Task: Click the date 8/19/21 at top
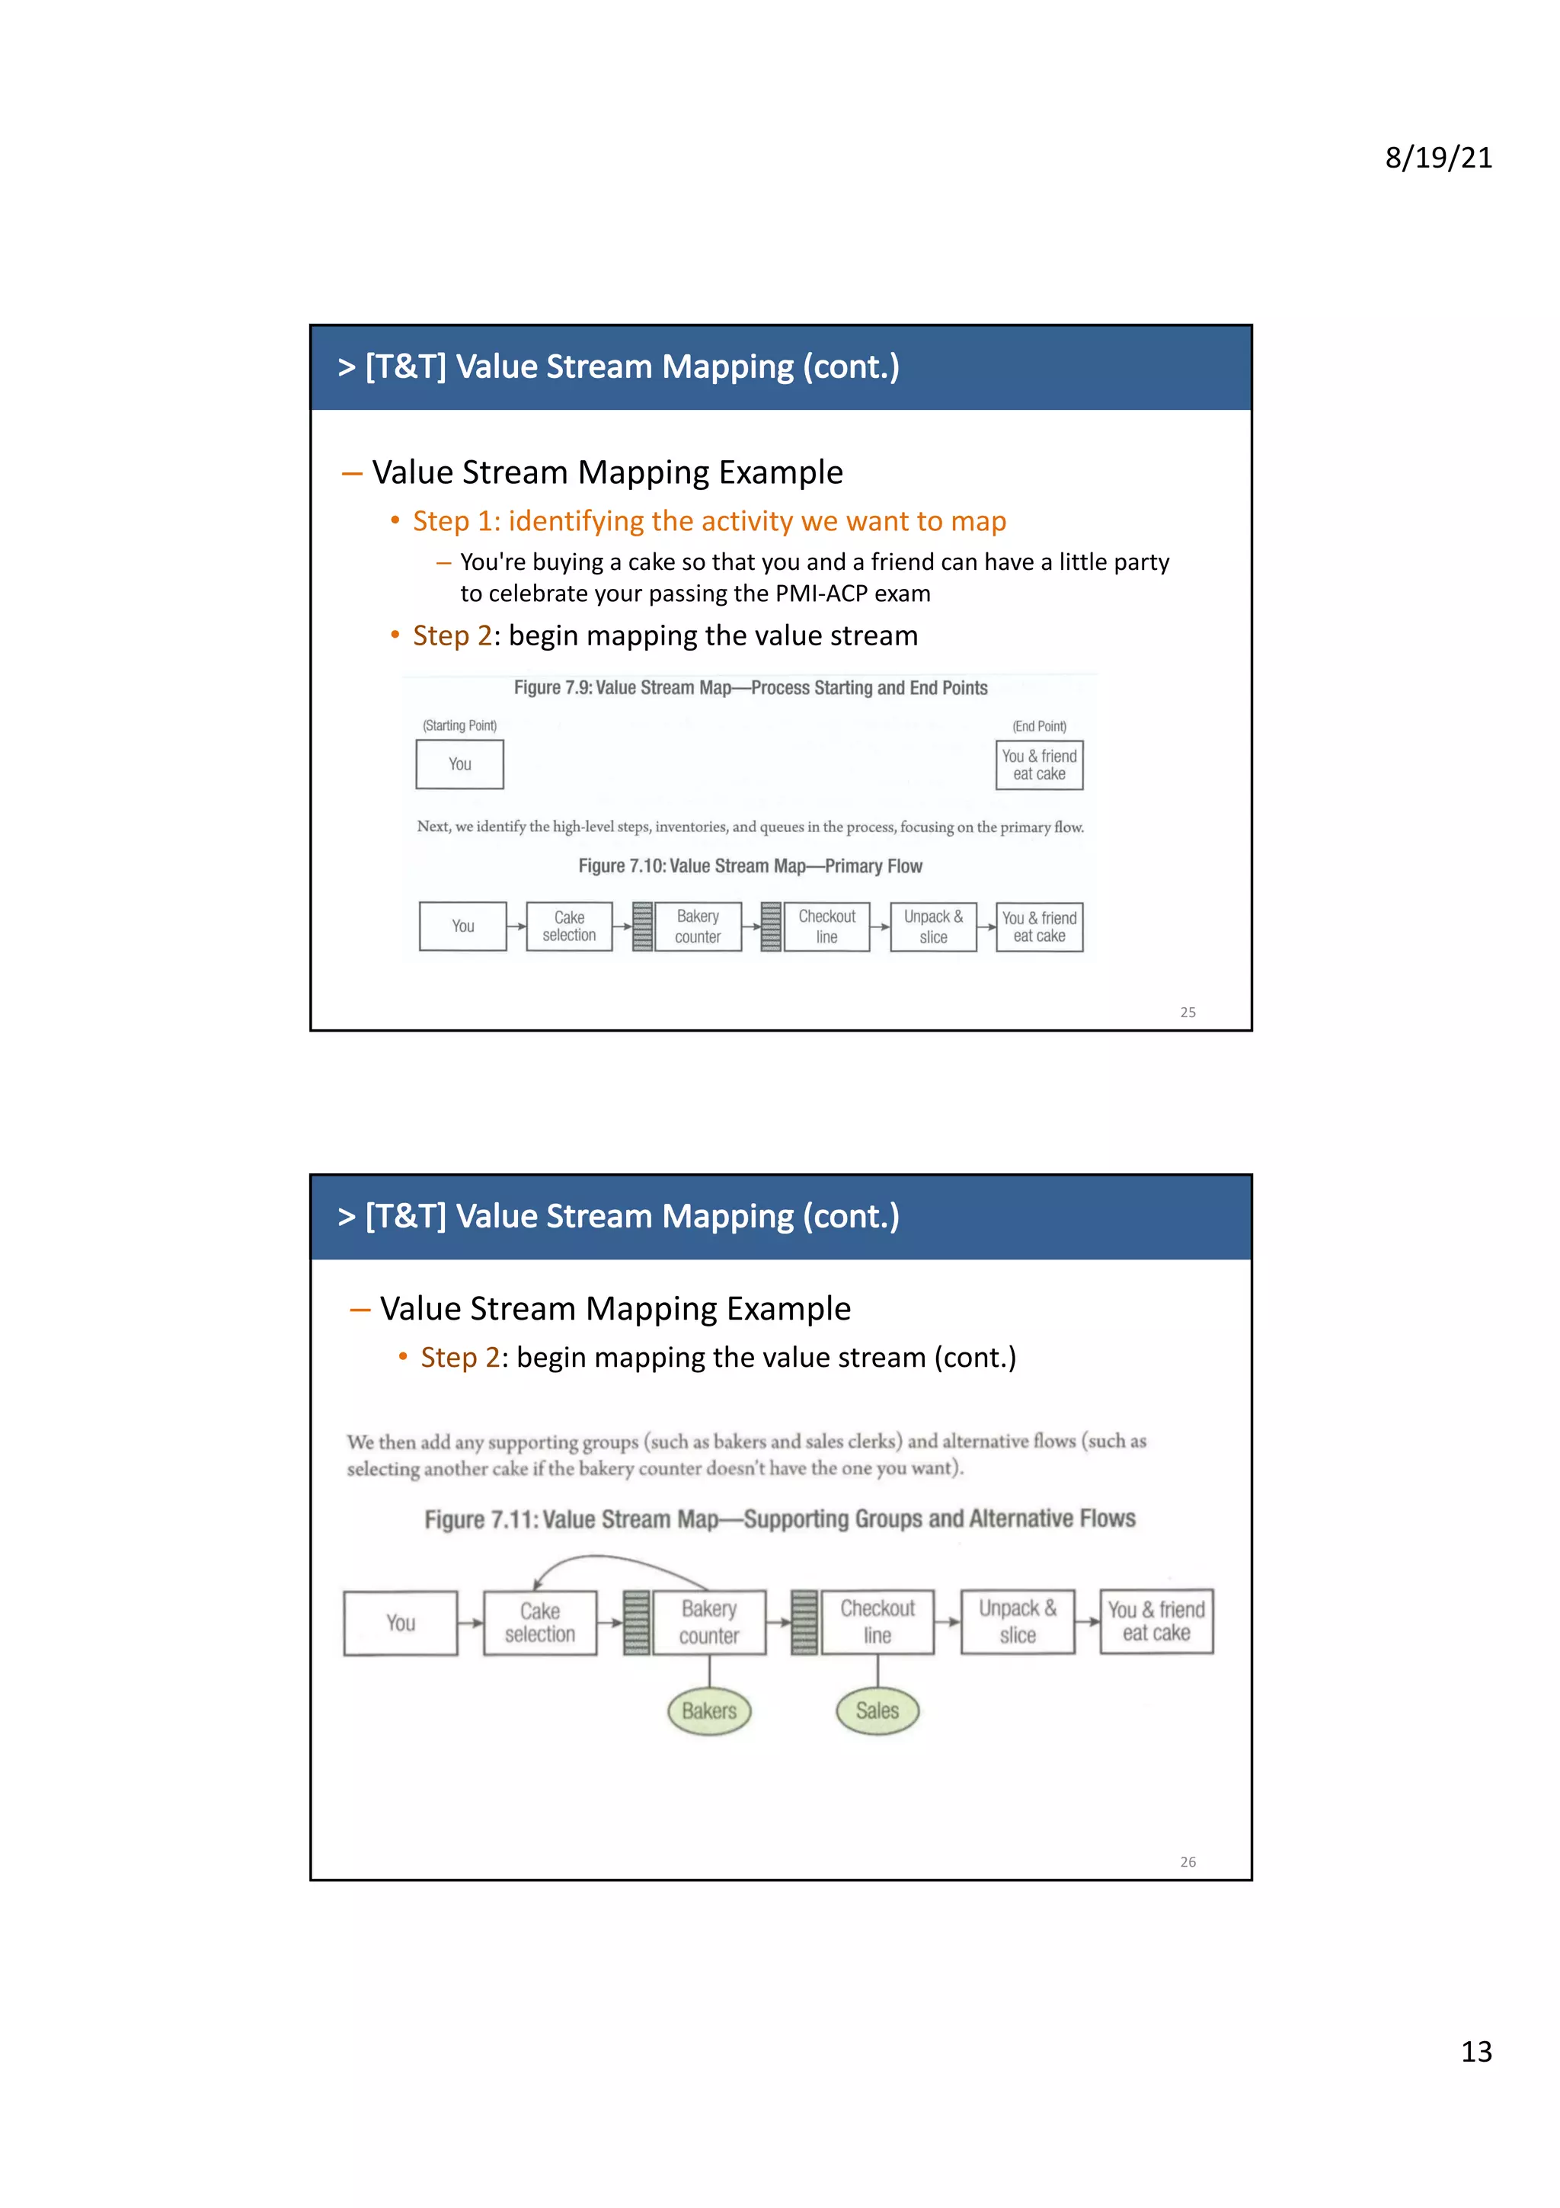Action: pos(1438,158)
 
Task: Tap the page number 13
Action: pos(1476,2051)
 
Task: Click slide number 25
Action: pos(1188,1012)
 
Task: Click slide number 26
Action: pos(1188,1862)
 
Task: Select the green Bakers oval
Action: pos(709,1710)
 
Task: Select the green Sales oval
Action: pos(877,1710)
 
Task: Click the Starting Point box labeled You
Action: pos(459,764)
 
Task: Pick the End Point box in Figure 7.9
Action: pos(1039,766)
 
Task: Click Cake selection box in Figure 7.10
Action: pos(569,926)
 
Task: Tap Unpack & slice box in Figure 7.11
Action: pos(1017,1621)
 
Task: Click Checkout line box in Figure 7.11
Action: pos(877,1621)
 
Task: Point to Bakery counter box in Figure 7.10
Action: pos(698,926)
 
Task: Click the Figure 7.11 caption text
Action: pos(779,1519)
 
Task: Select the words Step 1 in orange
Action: pos(452,521)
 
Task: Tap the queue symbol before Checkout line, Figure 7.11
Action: pos(804,1622)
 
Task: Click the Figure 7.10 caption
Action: pos(750,866)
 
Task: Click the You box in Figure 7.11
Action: pos(401,1624)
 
